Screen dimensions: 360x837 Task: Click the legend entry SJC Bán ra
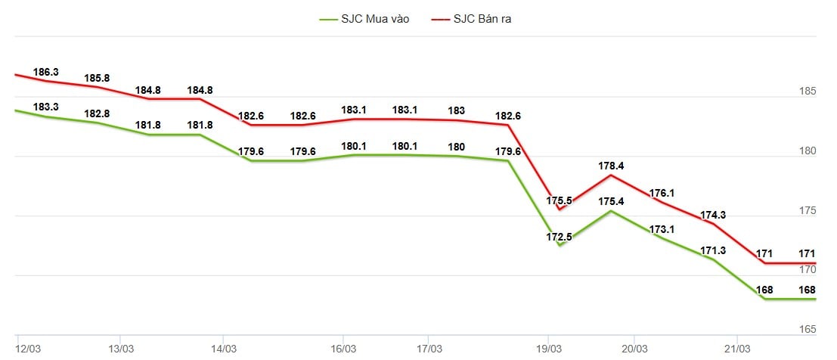tap(482, 19)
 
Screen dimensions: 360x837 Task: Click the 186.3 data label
tap(46, 72)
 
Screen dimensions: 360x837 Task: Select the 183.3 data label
tap(46, 107)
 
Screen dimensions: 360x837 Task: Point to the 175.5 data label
tap(560, 202)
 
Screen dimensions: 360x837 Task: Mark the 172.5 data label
tap(560, 237)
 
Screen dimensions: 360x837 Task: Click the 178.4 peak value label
tap(611, 166)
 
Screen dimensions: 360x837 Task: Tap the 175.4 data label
tap(611, 202)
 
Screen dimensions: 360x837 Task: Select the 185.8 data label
tap(98, 78)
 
